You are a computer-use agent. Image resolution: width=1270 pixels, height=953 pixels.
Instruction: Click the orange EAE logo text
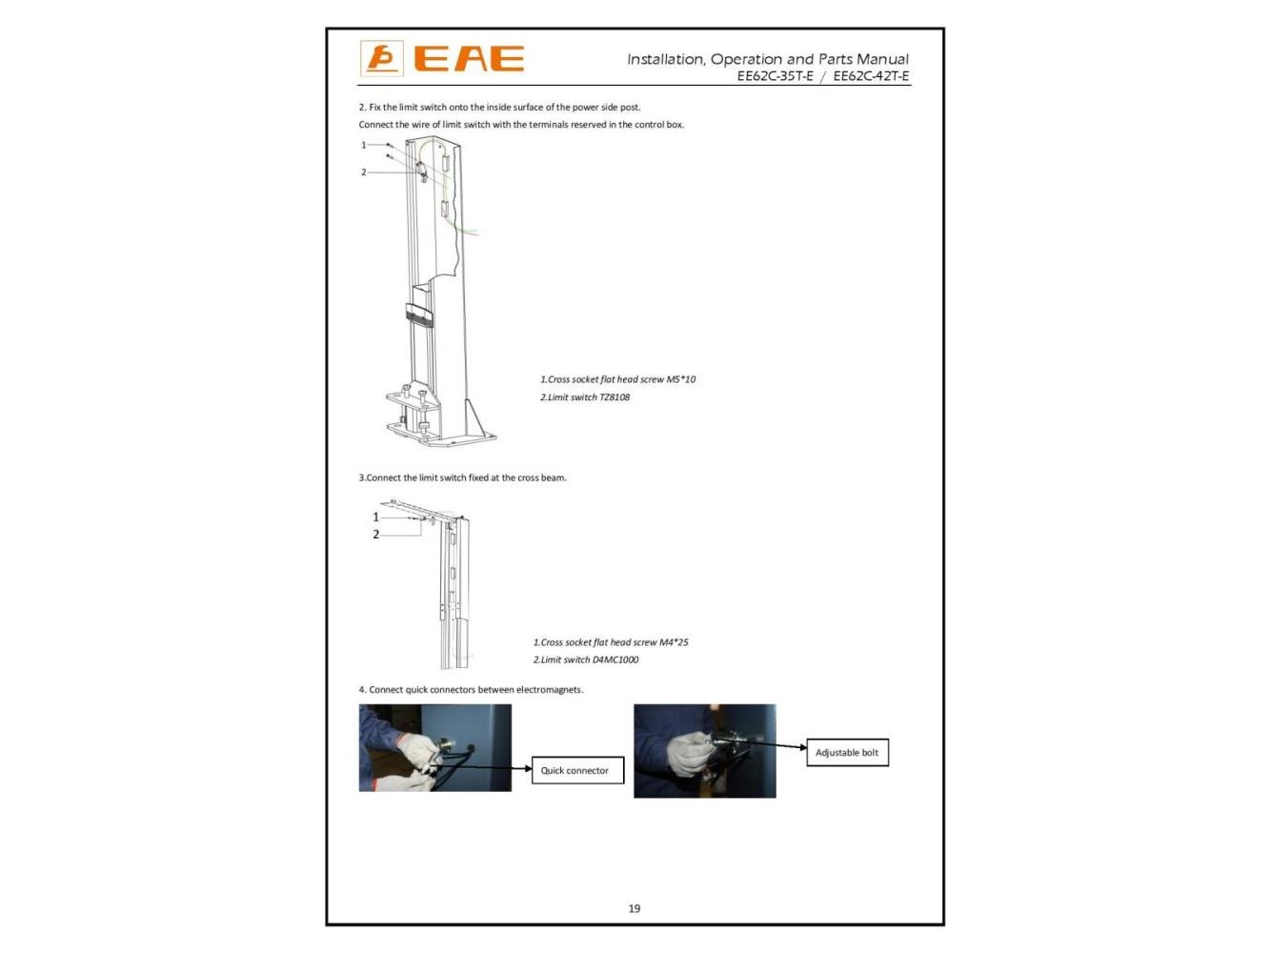(469, 58)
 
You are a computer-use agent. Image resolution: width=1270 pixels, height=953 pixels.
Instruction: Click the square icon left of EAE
(381, 58)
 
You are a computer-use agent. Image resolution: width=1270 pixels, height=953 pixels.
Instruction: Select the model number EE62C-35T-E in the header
(775, 76)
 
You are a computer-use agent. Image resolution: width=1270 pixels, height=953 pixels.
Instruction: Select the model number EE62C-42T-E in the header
(871, 76)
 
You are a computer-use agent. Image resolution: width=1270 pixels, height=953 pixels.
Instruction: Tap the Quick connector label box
(577, 770)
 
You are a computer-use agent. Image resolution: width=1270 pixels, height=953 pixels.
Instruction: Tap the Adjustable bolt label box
(847, 752)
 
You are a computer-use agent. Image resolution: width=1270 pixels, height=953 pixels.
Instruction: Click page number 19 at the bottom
(635, 908)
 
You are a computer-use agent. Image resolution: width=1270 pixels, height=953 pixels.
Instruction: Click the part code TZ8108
(615, 397)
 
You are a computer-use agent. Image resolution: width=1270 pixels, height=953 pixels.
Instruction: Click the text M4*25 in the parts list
(674, 642)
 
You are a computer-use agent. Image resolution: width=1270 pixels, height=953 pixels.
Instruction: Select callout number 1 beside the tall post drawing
(363, 145)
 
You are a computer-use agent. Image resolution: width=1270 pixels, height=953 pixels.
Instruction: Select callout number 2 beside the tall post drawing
(363, 172)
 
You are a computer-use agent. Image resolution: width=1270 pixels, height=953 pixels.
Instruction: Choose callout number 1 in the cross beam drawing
(376, 517)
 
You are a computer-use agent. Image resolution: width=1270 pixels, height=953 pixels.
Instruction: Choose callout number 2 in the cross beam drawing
(376, 534)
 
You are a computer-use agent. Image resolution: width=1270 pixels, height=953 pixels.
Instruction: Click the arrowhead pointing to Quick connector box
(528, 768)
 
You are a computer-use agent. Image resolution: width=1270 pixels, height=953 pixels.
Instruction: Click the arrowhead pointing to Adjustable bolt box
(803, 747)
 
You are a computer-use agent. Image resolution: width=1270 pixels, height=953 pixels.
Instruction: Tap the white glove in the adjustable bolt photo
(689, 754)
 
